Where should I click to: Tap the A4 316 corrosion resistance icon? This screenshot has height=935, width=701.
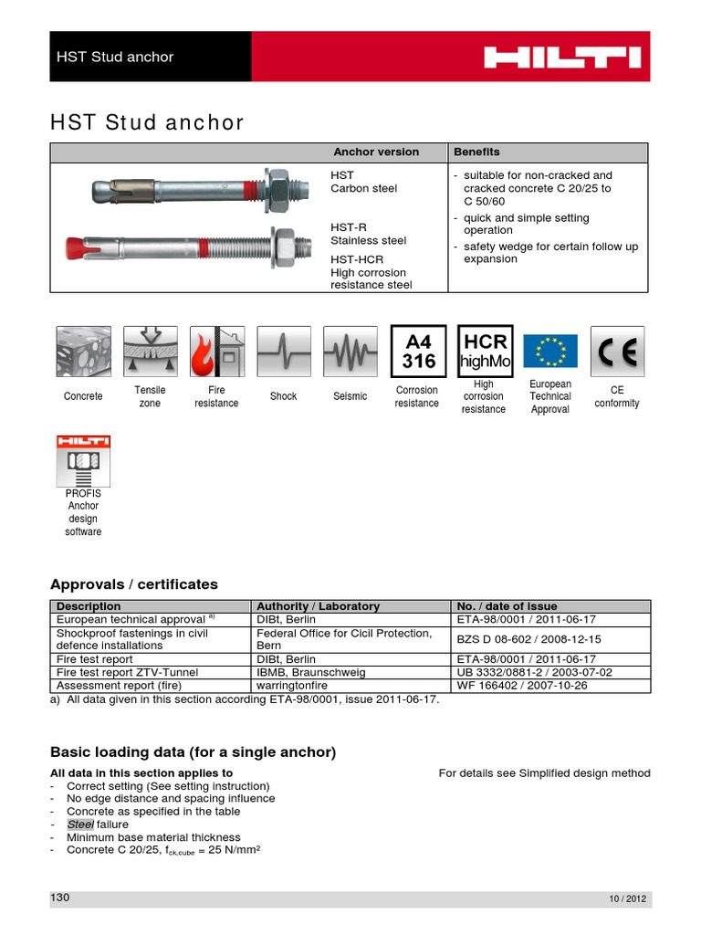pyautogui.click(x=416, y=352)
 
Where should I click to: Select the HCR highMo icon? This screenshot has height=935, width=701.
pyautogui.click(x=484, y=352)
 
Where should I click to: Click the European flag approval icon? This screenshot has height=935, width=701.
pyautogui.click(x=549, y=352)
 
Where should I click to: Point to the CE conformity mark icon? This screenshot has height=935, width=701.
pyautogui.click(x=617, y=352)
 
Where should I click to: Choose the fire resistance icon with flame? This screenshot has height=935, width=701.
pyautogui.click(x=215, y=352)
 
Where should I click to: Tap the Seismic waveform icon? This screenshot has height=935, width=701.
pyautogui.click(x=350, y=352)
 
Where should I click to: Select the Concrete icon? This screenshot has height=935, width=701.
pyautogui.click(x=83, y=352)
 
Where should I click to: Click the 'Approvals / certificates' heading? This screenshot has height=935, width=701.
pyautogui.click(x=133, y=584)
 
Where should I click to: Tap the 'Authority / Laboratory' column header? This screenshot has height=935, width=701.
pyautogui.click(x=318, y=606)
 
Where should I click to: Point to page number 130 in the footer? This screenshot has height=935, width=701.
pyautogui.click(x=60, y=898)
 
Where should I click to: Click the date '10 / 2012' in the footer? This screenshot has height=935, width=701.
pyautogui.click(x=627, y=899)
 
